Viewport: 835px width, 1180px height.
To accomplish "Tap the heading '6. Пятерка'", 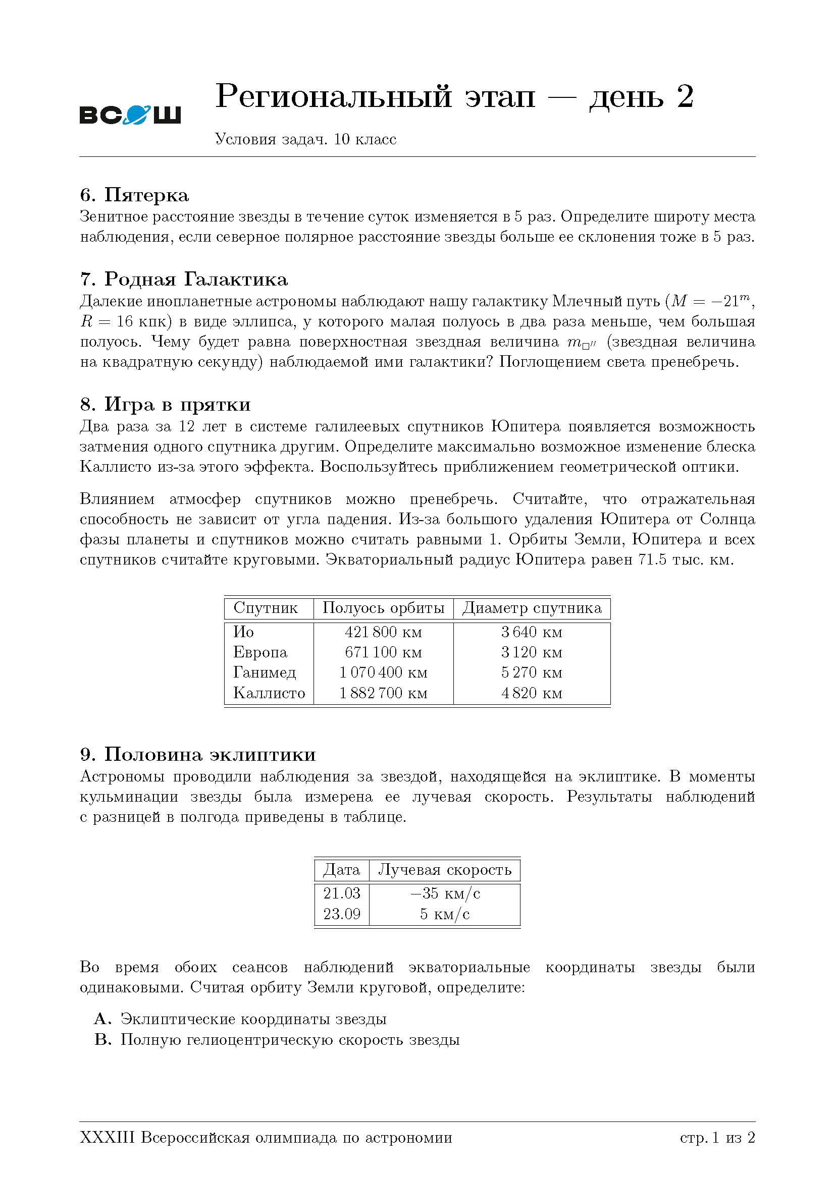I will tap(134, 195).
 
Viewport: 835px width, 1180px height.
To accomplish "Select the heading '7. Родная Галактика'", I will tap(184, 279).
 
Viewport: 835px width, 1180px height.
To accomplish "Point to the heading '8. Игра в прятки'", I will tap(165, 405).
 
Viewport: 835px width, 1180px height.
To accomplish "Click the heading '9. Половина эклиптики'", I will tap(197, 754).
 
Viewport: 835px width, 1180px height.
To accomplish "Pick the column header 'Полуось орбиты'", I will tap(383, 608).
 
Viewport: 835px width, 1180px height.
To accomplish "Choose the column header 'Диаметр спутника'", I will tap(532, 608).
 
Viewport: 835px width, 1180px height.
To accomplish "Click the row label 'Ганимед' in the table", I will tap(265, 672).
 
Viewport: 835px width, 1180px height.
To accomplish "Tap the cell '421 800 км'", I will tap(383, 632).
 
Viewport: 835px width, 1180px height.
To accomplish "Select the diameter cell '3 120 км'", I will tap(532, 652).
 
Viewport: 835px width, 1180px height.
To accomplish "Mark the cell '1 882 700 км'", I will tap(383, 693).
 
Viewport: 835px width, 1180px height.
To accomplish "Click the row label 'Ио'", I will tap(244, 632).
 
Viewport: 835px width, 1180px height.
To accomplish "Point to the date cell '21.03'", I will tap(342, 893).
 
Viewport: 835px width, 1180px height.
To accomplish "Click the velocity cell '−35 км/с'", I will tap(445, 893).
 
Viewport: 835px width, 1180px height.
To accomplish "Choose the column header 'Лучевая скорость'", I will tap(445, 870).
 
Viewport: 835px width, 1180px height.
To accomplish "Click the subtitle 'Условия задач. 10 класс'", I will tap(305, 139).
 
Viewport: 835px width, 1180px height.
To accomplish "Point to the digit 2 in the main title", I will tap(686, 97).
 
